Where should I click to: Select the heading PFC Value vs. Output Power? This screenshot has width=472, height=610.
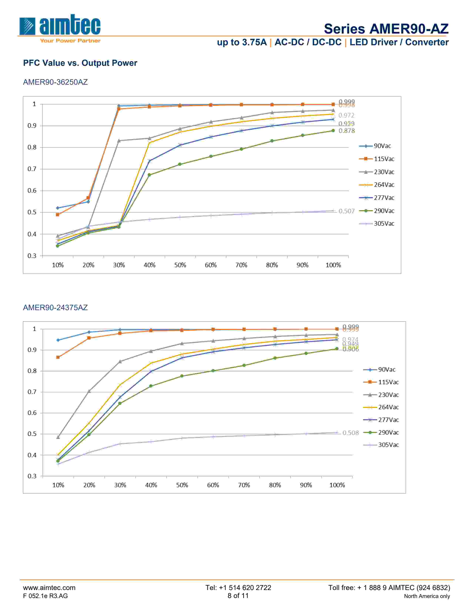[80, 63]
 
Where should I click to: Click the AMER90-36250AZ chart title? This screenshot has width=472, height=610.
[55, 82]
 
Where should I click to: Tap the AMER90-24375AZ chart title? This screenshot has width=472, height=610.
[55, 308]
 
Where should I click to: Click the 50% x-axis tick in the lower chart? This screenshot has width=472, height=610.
[182, 485]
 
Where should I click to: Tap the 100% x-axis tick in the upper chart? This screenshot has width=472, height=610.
[333, 265]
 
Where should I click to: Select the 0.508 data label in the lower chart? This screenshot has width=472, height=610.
[350, 433]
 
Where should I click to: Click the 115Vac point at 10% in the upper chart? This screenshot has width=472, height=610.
[58, 215]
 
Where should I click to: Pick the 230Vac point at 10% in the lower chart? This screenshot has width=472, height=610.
[58, 437]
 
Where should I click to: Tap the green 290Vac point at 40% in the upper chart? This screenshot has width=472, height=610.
[149, 175]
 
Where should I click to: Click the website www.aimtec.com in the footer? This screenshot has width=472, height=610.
[49, 588]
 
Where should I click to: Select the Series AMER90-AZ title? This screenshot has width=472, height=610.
[386, 29]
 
